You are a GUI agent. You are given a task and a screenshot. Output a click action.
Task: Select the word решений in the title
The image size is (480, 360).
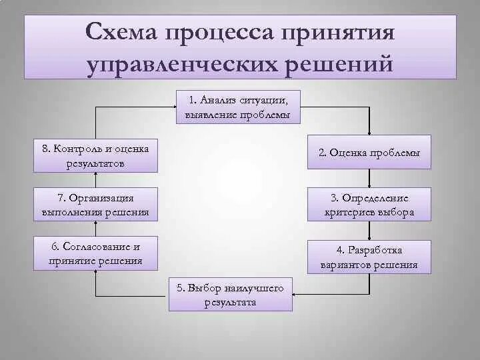337,65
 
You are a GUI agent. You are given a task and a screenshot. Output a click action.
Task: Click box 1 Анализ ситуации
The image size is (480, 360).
238,107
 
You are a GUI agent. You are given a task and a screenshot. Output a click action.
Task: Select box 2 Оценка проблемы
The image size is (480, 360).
369,153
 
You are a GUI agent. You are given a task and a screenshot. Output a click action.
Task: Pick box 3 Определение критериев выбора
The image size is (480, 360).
369,205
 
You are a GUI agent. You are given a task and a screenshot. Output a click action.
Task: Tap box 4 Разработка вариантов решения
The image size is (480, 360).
369,257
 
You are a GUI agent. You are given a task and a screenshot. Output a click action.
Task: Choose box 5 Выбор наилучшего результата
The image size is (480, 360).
230,294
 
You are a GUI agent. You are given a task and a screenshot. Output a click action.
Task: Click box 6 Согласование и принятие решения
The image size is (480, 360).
96,253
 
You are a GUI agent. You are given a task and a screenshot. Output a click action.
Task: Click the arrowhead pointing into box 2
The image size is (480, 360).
369,132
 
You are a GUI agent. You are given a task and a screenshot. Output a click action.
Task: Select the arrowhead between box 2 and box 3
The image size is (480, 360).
369,184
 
